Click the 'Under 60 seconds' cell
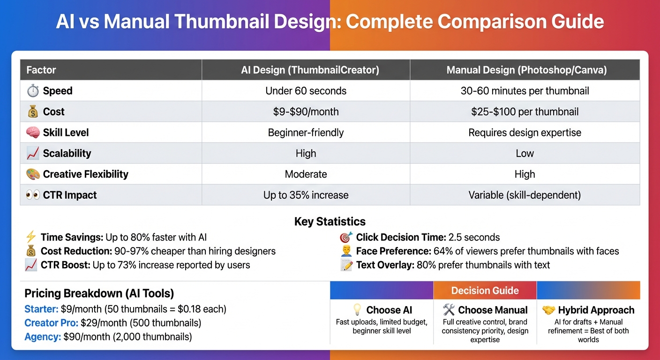[x=306, y=91]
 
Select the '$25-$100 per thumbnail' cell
[x=525, y=112]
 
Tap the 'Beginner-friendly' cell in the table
[x=306, y=133]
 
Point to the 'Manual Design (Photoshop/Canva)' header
[x=526, y=70]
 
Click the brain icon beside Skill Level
[x=32, y=133]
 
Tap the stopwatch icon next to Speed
[x=32, y=91]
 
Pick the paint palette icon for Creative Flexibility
[x=32, y=174]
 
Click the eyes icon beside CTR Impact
[x=32, y=195]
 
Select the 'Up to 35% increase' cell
[x=306, y=195]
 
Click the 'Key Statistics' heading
[x=330, y=221]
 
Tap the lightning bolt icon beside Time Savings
[x=30, y=237]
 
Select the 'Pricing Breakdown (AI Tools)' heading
[x=99, y=293]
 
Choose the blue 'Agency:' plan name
[x=42, y=337]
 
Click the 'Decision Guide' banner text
[x=485, y=291]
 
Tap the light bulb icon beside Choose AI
[x=357, y=310]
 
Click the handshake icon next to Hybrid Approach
[x=548, y=310]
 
